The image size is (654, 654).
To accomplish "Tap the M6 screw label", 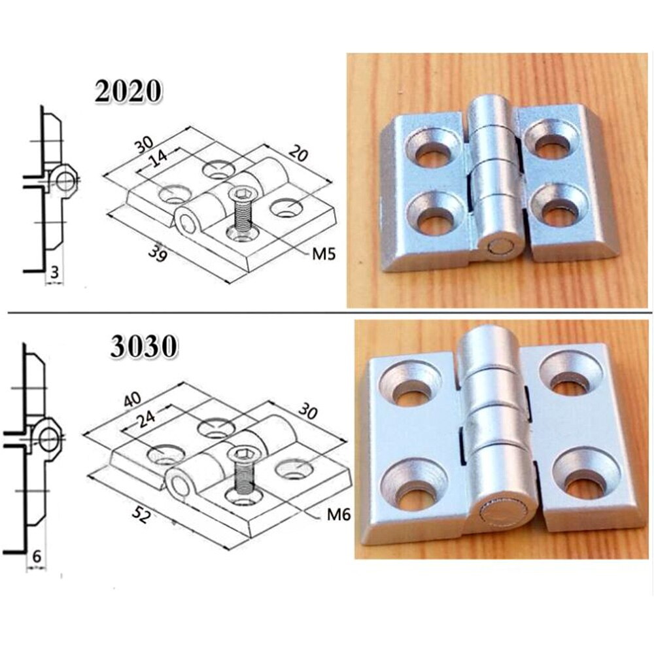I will point(339,515).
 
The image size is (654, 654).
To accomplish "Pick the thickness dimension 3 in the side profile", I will point(55,270).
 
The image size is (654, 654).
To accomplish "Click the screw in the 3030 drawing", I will point(243,470).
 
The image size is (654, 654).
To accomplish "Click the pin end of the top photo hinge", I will point(505,249).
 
